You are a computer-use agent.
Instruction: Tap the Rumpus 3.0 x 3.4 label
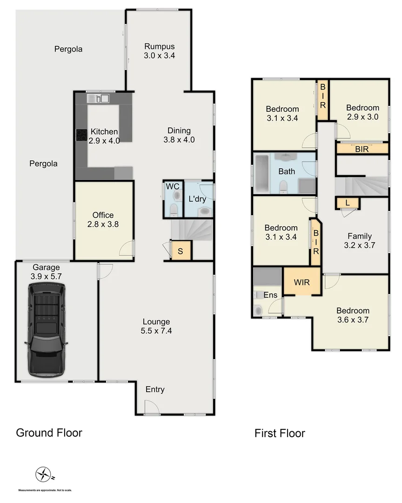(x=159, y=51)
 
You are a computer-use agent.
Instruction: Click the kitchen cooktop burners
(x=81, y=135)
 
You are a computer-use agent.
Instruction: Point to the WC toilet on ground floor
(x=173, y=209)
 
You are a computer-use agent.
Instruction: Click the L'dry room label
(x=197, y=199)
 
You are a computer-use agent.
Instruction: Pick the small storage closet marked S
(x=181, y=251)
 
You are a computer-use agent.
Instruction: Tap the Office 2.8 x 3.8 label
(x=103, y=219)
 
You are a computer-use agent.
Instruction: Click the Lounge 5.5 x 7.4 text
(x=156, y=326)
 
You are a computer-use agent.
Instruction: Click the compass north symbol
(x=43, y=475)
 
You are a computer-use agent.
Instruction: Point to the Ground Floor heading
(x=49, y=433)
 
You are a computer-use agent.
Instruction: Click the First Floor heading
(x=280, y=434)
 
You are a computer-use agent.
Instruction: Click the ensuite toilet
(x=259, y=309)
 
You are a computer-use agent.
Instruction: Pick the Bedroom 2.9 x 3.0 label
(x=362, y=112)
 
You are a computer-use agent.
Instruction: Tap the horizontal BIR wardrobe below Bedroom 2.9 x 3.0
(x=362, y=149)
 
